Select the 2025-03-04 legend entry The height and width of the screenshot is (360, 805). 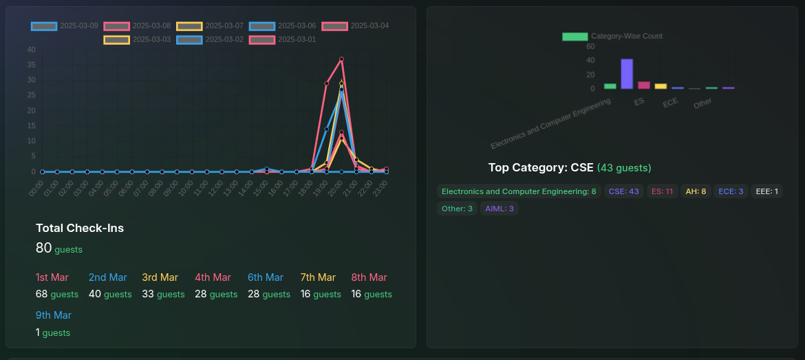pos(355,26)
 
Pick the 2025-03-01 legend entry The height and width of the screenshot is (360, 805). pos(282,39)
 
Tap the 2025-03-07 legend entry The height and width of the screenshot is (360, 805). pos(210,26)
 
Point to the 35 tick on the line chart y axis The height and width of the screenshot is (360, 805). pos(32,65)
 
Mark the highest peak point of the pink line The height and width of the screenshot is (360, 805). pos(341,59)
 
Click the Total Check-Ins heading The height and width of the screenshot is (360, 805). pos(80,228)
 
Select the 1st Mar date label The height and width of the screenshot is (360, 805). pos(52,277)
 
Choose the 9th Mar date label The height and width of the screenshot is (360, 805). pos(54,315)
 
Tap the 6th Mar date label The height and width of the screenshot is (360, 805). pos(266,277)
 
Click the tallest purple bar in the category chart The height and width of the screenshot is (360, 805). pos(627,74)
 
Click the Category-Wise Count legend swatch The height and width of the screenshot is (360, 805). pos(575,36)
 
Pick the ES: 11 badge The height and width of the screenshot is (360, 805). pos(662,191)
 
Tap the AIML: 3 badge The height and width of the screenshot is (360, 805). pos(500,209)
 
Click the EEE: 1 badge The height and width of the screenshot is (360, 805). pos(767,191)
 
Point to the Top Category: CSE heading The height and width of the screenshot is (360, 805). pos(541,168)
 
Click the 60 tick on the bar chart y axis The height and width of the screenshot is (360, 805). pos(590,47)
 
